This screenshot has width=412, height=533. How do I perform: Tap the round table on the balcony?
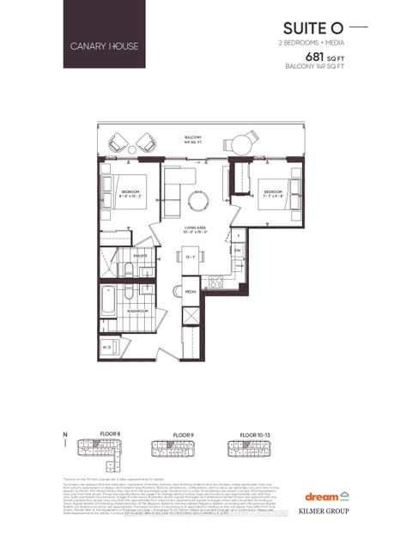coord(242,143)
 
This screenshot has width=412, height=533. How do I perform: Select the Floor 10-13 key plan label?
coord(248,435)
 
